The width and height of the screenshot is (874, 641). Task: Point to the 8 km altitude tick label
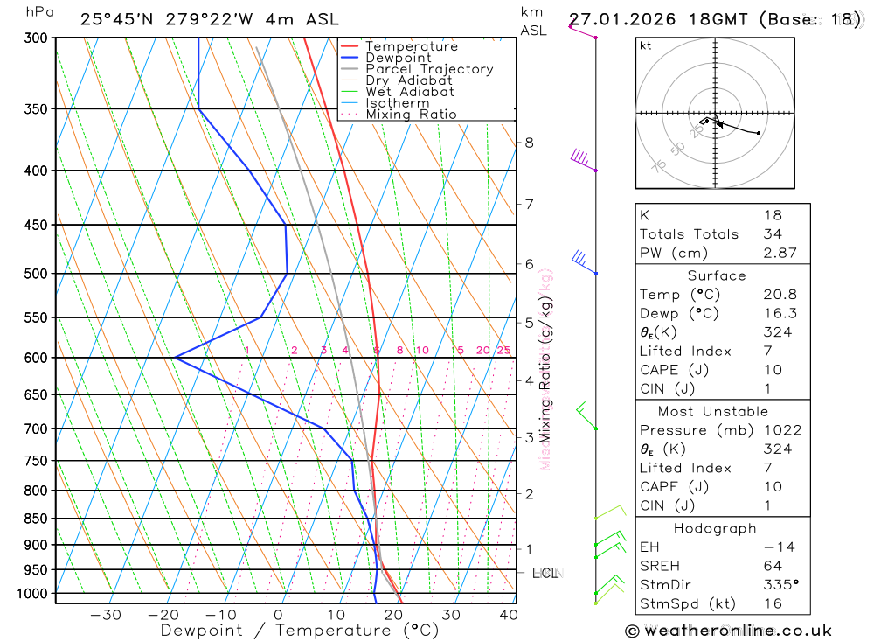529,143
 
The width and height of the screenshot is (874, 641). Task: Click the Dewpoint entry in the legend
399,58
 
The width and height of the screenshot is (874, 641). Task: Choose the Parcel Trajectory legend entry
429,69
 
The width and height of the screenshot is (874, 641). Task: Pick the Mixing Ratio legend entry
411,115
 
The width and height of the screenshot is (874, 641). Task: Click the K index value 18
772,215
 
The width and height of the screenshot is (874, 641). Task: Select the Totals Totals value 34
772,234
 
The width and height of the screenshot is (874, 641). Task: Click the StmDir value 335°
778,585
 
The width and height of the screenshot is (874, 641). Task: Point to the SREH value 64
772,566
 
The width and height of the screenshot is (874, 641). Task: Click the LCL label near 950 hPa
545,574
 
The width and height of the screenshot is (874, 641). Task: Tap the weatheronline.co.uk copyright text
729,631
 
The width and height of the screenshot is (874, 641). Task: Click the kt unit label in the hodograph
646,46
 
